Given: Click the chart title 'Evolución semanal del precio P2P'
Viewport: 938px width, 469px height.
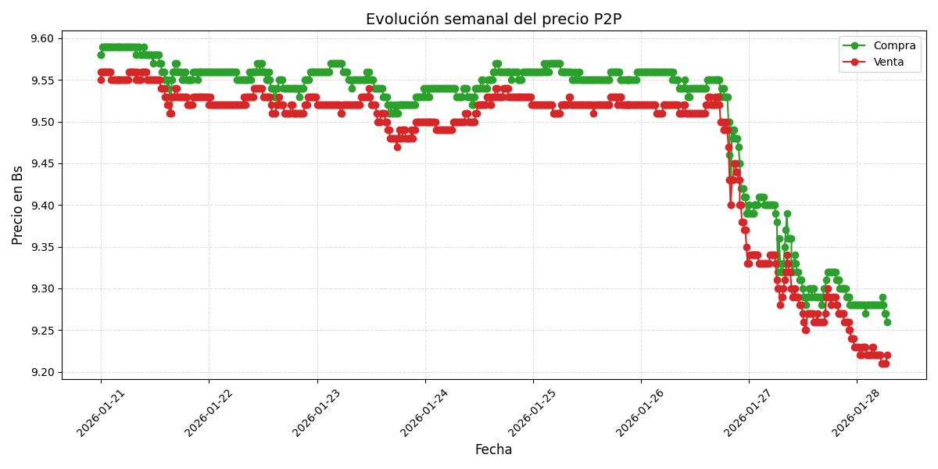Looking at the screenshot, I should (493, 20).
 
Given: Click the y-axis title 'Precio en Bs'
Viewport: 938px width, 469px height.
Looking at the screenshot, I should (18, 205).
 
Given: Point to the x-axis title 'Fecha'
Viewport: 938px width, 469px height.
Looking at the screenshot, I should (493, 449).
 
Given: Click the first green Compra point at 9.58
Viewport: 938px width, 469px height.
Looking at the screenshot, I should (101, 55).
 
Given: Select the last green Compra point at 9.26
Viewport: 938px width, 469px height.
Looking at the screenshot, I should (887, 322).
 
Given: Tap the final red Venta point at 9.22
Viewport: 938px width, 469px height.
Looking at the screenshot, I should (887, 356).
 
